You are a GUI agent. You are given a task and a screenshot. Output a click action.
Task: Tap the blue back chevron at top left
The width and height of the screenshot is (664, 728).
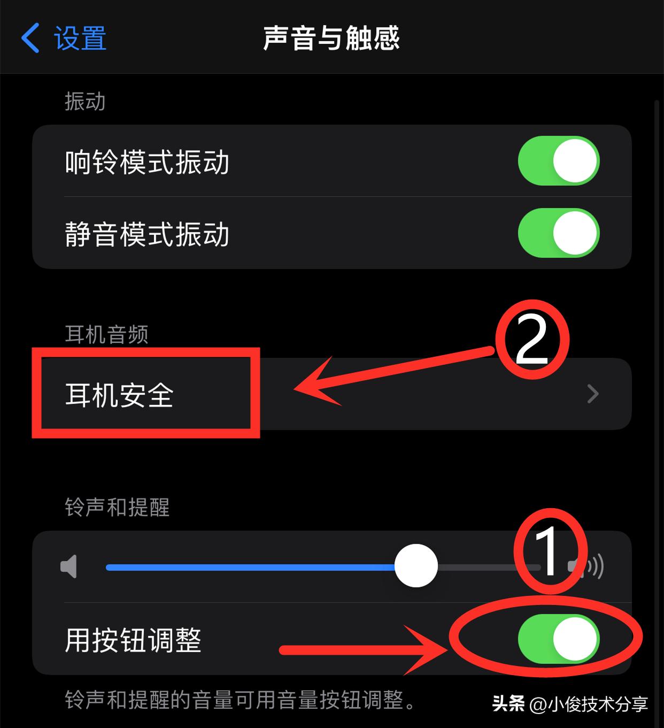[x=30, y=38]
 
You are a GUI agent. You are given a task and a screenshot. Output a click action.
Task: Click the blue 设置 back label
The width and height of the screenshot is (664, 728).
[x=80, y=39]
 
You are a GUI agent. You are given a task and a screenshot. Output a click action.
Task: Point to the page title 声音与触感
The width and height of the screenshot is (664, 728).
[x=331, y=39]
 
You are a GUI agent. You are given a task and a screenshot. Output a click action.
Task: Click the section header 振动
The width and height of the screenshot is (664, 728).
[x=85, y=101]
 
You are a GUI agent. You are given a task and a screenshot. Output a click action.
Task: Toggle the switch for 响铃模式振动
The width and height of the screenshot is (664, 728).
[x=558, y=161]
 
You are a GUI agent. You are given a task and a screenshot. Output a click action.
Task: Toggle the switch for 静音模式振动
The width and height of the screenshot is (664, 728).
[x=558, y=233]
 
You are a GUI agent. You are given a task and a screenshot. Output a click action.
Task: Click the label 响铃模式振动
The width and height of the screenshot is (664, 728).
[x=147, y=162]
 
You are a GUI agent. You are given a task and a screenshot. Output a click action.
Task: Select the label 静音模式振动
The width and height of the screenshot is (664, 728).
[x=147, y=234]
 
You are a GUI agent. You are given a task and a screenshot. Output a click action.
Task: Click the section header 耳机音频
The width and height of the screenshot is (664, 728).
[x=106, y=334]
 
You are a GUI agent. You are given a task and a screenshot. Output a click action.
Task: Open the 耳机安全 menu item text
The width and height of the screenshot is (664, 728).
[x=119, y=395]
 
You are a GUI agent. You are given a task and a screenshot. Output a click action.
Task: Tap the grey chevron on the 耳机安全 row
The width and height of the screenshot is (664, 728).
[x=592, y=394]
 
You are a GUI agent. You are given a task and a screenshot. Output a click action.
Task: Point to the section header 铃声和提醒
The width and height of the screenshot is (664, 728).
[x=117, y=507]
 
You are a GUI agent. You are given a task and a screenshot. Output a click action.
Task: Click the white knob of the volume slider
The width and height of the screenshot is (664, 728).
[x=416, y=566]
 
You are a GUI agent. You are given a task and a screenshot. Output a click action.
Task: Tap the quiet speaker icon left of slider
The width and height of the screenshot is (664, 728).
[x=69, y=566]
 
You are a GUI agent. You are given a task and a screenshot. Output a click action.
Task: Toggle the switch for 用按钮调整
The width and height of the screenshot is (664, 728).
[x=558, y=639]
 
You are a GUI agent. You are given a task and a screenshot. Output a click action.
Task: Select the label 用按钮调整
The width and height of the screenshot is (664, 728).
[x=133, y=640]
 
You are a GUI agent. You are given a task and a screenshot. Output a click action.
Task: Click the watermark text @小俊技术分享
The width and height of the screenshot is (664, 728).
[x=588, y=704]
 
